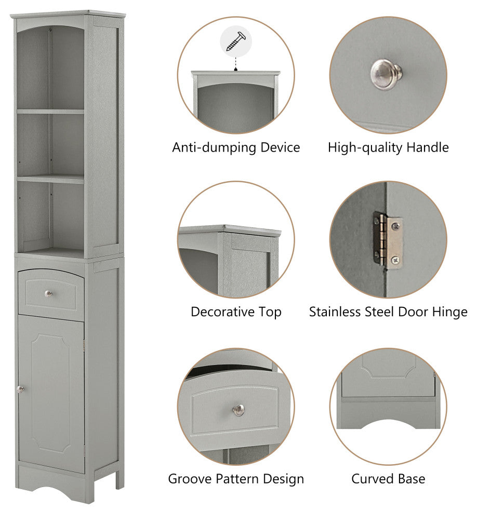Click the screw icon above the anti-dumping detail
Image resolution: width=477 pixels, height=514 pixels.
[236, 42]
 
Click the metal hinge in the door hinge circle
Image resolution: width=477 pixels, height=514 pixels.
[388, 240]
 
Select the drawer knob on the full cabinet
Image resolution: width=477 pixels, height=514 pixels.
[48, 294]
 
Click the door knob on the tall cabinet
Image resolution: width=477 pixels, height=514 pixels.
[20, 389]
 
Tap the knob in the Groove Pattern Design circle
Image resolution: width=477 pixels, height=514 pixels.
[239, 410]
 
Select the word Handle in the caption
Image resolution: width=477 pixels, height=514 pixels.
[428, 147]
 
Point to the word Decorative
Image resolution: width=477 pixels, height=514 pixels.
[222, 312]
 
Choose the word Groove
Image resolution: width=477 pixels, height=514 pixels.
[190, 479]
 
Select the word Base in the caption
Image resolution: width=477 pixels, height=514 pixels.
[412, 479]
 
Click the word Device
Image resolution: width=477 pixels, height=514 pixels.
[280, 147]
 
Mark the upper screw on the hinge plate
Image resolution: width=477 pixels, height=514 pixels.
[396, 225]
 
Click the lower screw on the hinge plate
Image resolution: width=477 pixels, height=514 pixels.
[395, 260]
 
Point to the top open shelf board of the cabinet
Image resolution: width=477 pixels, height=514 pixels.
[50, 112]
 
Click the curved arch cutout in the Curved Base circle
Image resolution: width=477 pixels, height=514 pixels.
[388, 423]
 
